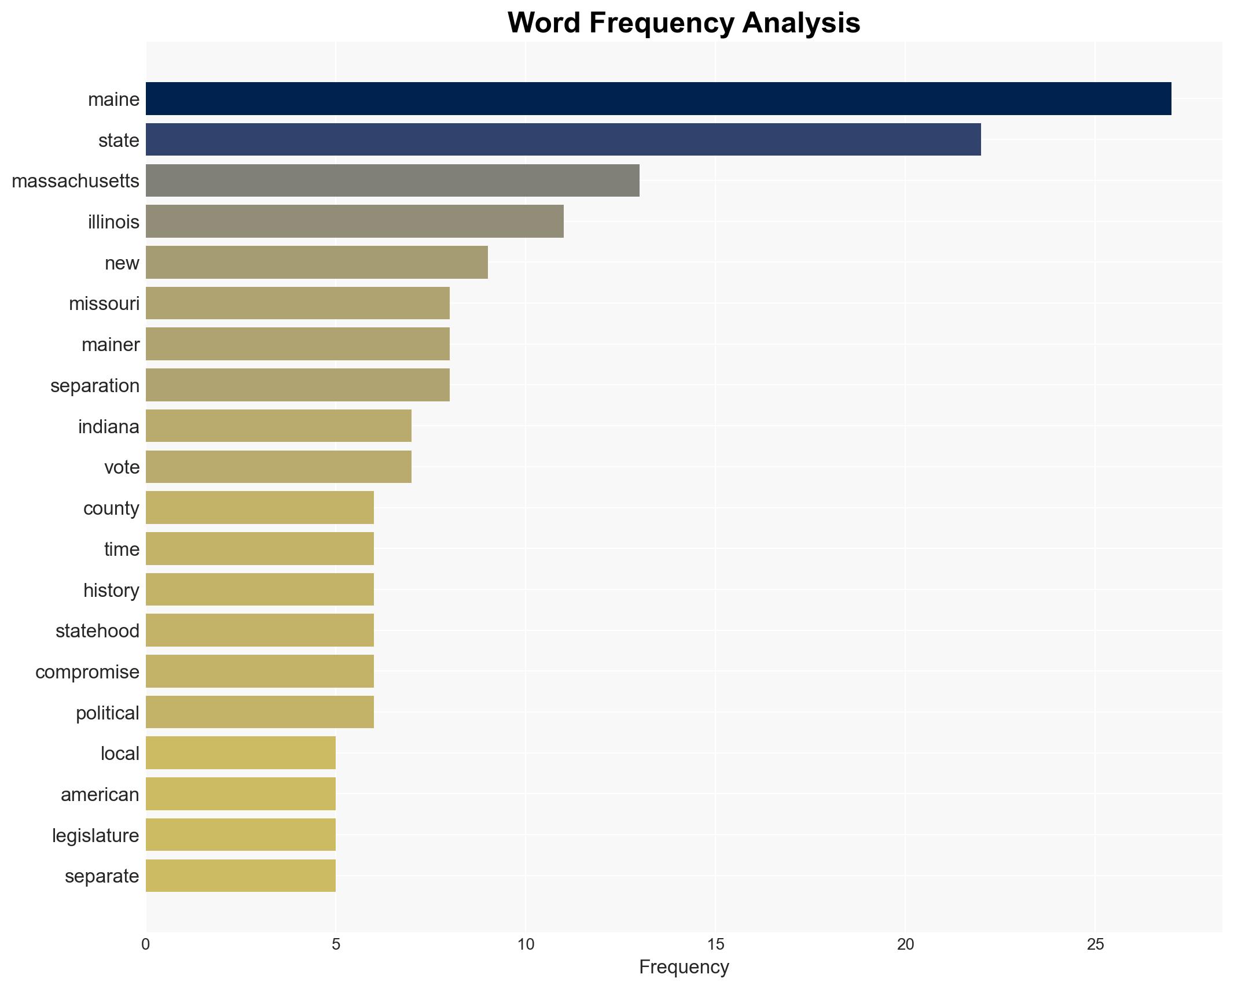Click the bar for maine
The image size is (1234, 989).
click(x=658, y=99)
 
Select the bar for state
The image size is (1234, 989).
click(x=563, y=139)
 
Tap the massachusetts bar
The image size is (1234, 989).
click(x=392, y=180)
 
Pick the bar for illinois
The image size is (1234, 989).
click(x=354, y=222)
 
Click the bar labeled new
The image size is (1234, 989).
click(x=317, y=263)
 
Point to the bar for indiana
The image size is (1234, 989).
click(x=278, y=426)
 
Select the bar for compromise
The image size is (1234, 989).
click(x=259, y=671)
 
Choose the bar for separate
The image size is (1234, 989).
click(x=240, y=876)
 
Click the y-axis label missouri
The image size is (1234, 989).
click(x=104, y=304)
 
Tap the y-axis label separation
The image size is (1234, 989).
click(x=95, y=386)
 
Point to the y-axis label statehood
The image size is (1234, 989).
click(x=97, y=631)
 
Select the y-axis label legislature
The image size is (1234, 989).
click(x=96, y=836)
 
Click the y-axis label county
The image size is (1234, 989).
click(x=111, y=508)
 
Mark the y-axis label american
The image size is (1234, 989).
click(x=100, y=795)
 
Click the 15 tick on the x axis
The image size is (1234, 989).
click(x=715, y=944)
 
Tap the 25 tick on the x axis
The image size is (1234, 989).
click(x=1095, y=944)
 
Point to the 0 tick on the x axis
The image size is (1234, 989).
click(x=146, y=944)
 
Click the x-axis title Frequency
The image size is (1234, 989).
click(x=684, y=967)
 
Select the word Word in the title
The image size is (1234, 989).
click(x=545, y=23)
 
